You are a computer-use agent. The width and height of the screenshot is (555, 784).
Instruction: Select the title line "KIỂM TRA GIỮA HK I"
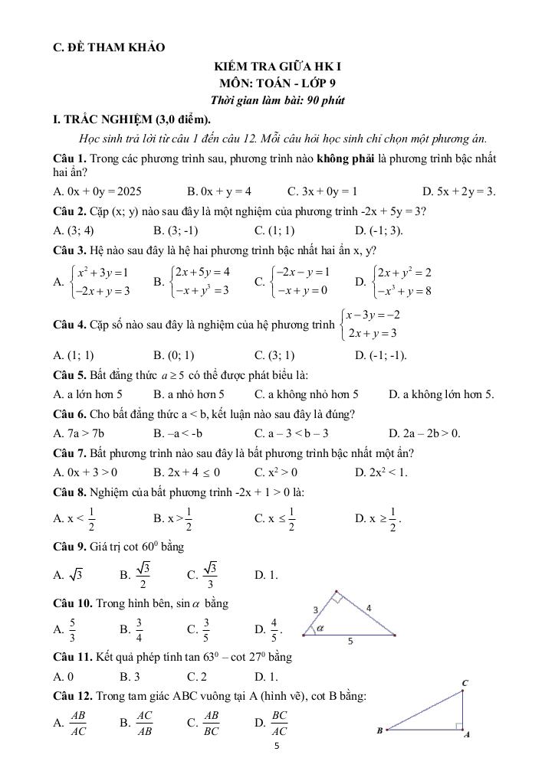click(x=277, y=67)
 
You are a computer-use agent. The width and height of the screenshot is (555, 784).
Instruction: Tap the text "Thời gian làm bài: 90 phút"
click(x=277, y=100)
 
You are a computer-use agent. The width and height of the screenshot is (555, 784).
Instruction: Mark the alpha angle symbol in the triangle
click(x=320, y=627)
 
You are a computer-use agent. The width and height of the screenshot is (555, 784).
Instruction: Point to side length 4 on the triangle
click(x=369, y=607)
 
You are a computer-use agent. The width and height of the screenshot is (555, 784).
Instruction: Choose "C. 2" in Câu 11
click(x=197, y=677)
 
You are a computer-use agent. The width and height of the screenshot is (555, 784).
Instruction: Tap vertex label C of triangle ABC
click(x=464, y=682)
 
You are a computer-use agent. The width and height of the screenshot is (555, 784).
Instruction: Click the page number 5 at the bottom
click(x=277, y=743)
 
